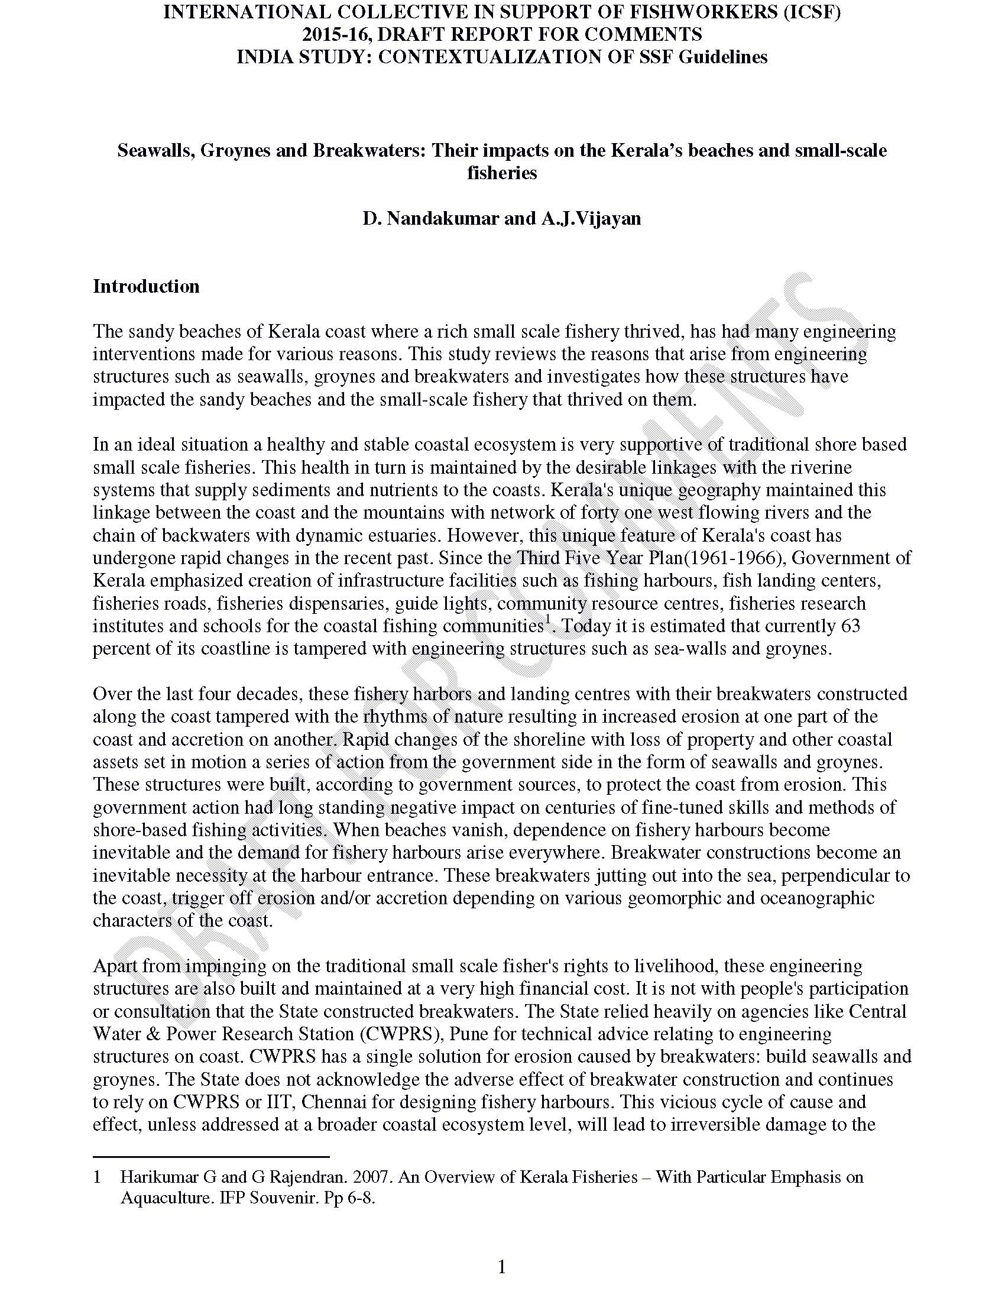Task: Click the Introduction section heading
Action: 146,287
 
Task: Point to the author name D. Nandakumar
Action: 431,219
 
